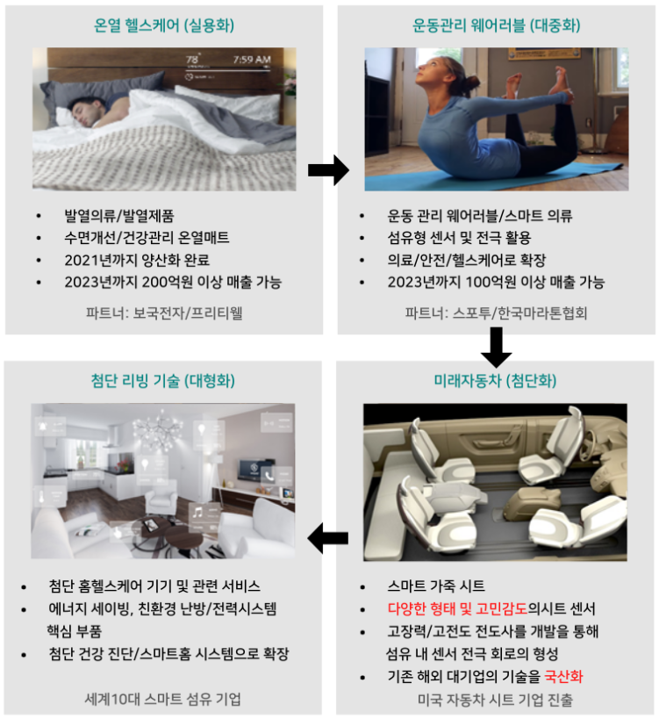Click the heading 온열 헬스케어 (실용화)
point(163,25)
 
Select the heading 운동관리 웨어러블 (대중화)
point(496,25)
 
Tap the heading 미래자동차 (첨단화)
point(495,380)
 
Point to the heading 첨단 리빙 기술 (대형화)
point(162,380)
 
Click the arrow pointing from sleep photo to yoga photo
point(328,170)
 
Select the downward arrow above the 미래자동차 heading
point(496,347)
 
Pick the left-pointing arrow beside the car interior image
point(327,538)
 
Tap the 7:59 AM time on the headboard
point(252,60)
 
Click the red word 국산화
point(563,676)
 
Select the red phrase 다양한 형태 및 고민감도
point(457,608)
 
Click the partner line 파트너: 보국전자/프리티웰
point(164,313)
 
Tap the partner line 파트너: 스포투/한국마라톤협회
point(496,313)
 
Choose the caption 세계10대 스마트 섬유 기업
point(162,699)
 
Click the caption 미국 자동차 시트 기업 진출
point(495,700)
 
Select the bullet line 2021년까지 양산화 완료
point(137,260)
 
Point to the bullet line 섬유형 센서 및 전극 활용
point(459,238)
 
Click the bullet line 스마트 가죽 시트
point(436,586)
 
